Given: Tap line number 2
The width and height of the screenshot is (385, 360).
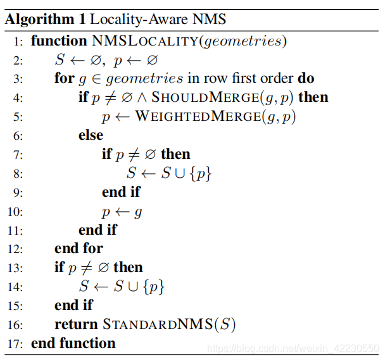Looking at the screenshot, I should coord(18,61).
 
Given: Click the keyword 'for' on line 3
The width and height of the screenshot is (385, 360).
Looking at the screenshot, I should coord(65,79).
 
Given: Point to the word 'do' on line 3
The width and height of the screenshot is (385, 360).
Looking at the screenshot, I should coord(306,79).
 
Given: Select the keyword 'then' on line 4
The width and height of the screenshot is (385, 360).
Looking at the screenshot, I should coord(313,98).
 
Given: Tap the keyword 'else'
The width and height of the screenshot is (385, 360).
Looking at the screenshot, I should coord(91,135).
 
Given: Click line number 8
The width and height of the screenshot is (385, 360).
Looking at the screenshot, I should coord(18,173).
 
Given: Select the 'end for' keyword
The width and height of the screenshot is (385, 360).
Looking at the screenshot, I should coord(79,248).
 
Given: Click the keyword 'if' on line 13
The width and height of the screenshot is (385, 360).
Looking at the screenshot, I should coord(59,267).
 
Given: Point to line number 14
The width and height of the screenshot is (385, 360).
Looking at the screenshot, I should coord(15,287).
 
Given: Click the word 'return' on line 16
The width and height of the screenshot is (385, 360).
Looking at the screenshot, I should coord(76,325).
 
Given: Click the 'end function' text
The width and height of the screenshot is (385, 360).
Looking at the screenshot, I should coord(73,344).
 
